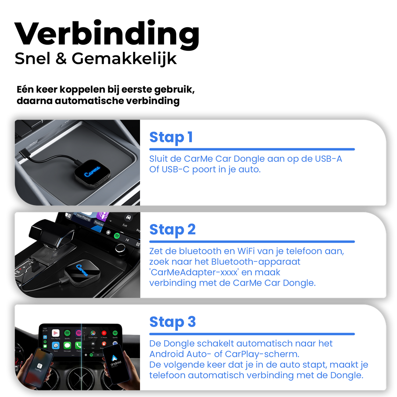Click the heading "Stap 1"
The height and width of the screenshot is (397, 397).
171,137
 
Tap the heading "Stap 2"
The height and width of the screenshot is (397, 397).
172,229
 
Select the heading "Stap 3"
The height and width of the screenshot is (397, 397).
172,322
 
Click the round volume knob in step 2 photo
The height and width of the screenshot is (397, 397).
120,248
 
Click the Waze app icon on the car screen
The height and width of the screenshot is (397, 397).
56,346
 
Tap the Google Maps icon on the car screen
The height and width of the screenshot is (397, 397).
93,333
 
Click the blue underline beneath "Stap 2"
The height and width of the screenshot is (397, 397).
252,242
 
